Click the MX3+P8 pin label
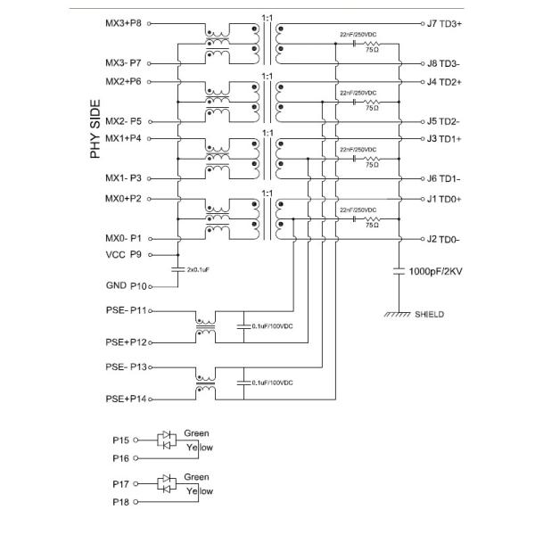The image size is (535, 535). (x=123, y=24)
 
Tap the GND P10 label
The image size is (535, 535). (x=123, y=286)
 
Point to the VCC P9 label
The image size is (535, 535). (x=123, y=254)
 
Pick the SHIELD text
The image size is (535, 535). (x=430, y=315)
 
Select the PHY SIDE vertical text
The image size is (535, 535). (x=96, y=128)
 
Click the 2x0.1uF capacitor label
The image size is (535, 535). (x=199, y=268)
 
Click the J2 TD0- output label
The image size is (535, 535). (x=443, y=239)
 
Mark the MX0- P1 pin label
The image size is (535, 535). (x=124, y=239)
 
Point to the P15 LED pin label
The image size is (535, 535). (x=122, y=440)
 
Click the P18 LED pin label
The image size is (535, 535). (x=122, y=503)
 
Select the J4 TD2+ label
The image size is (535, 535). (x=443, y=81)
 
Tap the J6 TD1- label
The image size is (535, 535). (x=443, y=178)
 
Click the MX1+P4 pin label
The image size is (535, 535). (x=123, y=138)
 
